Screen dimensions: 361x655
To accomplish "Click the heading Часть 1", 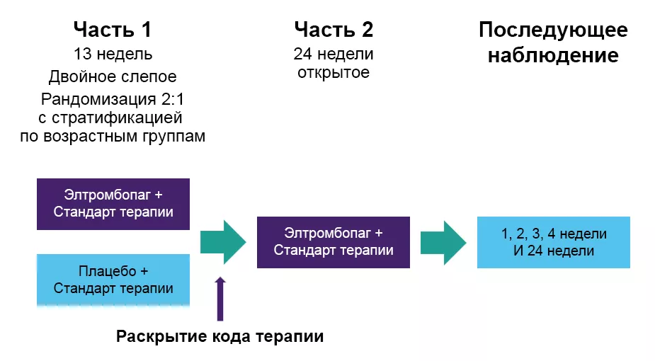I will [x=113, y=30].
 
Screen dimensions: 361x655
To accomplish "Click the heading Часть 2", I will [x=334, y=30].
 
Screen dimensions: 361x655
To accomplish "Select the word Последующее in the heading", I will [x=553, y=30].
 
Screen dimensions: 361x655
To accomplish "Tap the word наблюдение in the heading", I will [x=553, y=55].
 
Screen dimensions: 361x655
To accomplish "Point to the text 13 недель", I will [x=113, y=55].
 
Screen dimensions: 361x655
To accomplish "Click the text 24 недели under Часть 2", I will [x=334, y=55].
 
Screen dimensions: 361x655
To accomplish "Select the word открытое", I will [x=334, y=72].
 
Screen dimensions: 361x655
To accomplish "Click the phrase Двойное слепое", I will [x=113, y=76].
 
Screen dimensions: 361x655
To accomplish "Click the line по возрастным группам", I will [x=113, y=136].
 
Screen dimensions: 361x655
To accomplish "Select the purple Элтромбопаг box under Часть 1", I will [x=113, y=204].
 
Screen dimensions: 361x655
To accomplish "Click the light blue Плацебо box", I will [x=113, y=280].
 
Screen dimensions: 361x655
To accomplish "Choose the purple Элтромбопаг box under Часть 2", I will [x=334, y=242].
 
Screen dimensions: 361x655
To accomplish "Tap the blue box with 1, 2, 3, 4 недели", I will [x=553, y=242].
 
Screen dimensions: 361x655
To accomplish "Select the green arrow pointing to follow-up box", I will [x=443, y=241].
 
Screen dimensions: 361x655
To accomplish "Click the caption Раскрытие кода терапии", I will [x=220, y=337].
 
